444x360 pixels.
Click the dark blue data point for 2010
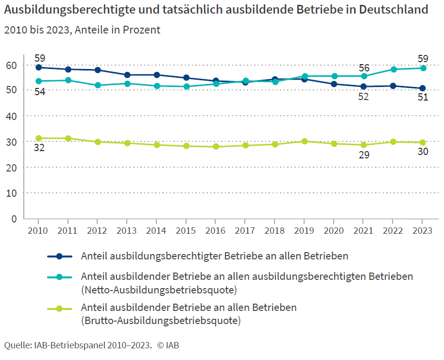tap(39, 68)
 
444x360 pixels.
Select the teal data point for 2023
tap(423, 68)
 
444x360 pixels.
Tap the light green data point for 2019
tap(305, 141)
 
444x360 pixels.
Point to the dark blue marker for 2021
tap(363, 86)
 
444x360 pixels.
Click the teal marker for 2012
tap(98, 85)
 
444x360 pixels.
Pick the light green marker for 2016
tap(216, 147)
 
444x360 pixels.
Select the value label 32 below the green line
tap(39, 148)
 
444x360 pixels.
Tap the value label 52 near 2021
tap(363, 97)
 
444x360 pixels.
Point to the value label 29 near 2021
tap(363, 155)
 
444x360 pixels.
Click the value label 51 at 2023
tap(423, 97)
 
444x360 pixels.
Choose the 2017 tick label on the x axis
tap(245, 230)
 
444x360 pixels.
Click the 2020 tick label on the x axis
tap(334, 230)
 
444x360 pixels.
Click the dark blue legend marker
tap(59, 256)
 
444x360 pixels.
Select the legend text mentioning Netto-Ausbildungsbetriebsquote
tap(247, 283)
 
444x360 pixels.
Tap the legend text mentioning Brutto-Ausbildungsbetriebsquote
tap(188, 314)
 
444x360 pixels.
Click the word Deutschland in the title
tap(391, 9)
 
